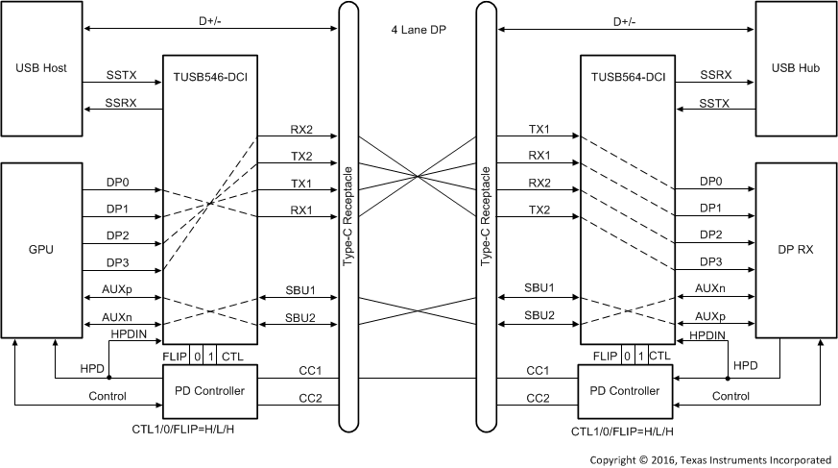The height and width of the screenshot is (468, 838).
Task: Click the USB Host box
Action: coord(41,68)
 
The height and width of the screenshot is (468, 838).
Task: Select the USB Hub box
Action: coord(796,68)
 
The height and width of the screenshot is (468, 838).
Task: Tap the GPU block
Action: coord(41,249)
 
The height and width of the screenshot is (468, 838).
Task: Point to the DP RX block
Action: coord(796,249)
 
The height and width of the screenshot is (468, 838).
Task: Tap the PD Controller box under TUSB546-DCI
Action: coord(207,391)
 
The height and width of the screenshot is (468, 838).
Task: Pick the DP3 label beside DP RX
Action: coord(711,262)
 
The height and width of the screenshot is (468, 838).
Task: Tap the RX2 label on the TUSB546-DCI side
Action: coord(302,129)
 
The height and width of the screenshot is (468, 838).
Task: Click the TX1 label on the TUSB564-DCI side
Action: coord(539,129)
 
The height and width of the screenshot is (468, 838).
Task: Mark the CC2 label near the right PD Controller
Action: coord(539,398)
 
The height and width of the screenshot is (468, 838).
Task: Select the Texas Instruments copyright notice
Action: coord(710,459)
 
